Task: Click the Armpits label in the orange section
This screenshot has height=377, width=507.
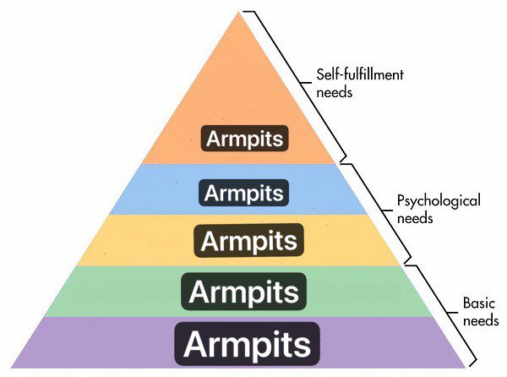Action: coord(245,138)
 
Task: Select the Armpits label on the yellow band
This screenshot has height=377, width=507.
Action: coord(247,240)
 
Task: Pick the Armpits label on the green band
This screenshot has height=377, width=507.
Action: coord(245,292)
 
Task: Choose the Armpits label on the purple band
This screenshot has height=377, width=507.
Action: coord(247,343)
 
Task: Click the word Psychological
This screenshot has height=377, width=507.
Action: coord(439,201)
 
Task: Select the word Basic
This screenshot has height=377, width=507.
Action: coord(478,303)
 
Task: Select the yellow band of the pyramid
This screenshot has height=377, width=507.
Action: coord(127,240)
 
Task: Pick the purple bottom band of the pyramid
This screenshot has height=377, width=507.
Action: coord(84,343)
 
